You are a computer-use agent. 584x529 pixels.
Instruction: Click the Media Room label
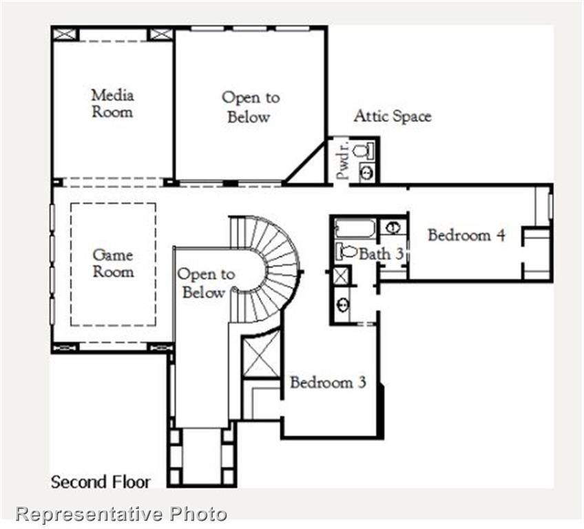pos(112,103)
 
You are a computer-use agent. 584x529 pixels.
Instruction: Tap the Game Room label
pos(113,263)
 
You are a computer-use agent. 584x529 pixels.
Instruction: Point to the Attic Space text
pos(393,116)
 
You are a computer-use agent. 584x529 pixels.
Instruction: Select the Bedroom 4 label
pos(467,235)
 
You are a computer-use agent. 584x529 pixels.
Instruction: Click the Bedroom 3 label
pos(327,382)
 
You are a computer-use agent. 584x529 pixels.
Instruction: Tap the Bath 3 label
pos(380,253)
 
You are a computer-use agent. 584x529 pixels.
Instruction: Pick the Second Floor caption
pos(100,481)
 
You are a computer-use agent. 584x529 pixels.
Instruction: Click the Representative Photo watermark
pos(121,514)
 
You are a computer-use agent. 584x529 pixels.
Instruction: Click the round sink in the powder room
pos(366,173)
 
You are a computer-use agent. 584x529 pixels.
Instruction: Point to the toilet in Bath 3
pos(347,251)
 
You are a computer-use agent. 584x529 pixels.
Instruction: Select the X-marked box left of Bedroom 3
pos(262,355)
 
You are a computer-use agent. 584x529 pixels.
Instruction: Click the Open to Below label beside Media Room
pos(250,107)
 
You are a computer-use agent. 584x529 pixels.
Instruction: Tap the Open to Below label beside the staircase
pos(206,283)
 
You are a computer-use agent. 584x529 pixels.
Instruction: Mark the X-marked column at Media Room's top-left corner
pos(65,34)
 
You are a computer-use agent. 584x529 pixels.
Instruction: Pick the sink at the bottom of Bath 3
pos(342,304)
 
